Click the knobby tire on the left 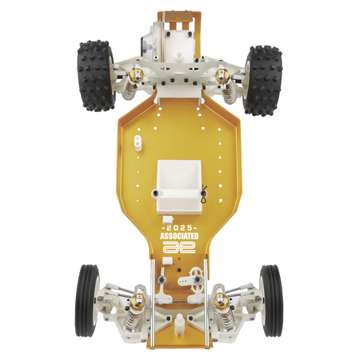95,76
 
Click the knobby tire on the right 264,81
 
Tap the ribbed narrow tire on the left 87,301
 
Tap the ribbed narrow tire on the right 271,301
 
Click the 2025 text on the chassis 180,228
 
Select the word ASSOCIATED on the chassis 179,236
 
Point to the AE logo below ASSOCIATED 179,247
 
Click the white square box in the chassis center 178,186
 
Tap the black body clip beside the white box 204,194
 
